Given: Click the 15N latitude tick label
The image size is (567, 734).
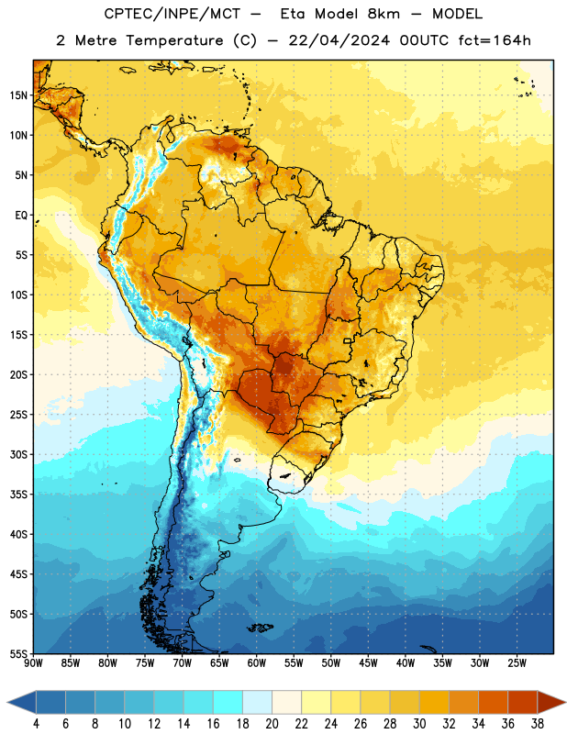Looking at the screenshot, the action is click(x=18, y=95).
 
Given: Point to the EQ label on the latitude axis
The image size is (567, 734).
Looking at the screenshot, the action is click(x=21, y=216).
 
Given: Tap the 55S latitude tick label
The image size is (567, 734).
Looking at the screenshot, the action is click(x=18, y=653).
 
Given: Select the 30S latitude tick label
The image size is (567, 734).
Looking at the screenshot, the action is click(x=18, y=454).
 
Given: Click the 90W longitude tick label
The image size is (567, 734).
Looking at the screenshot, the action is click(x=34, y=662).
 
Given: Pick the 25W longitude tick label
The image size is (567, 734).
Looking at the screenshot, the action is click(x=517, y=662).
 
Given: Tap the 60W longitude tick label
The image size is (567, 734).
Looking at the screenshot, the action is click(x=257, y=662).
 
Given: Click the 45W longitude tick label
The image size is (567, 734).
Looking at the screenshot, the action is click(x=369, y=662).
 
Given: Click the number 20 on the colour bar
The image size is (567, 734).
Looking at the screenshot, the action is click(x=272, y=724).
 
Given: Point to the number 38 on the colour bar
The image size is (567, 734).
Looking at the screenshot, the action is click(x=538, y=724).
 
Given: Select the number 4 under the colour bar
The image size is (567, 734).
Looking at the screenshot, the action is click(x=36, y=724).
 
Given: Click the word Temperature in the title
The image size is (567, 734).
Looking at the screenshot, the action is click(x=174, y=40).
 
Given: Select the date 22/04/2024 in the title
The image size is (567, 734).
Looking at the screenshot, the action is click(x=339, y=40).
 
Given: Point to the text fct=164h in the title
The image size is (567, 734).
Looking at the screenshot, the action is click(x=495, y=40).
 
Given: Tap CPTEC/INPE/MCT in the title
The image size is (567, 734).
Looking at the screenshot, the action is click(x=172, y=14).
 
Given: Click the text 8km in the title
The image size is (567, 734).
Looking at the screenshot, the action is click(x=384, y=14).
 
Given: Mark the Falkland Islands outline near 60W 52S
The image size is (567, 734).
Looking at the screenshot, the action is click(x=261, y=628).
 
